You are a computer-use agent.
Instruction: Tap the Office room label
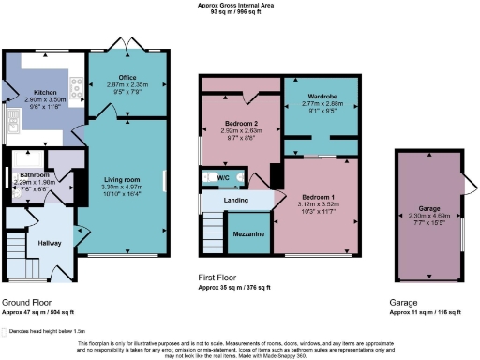click(x=128, y=78)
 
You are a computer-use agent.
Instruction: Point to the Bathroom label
click(x=34, y=175)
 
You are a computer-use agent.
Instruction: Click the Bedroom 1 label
click(x=319, y=198)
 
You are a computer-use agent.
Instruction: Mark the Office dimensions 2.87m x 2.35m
click(x=128, y=85)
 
